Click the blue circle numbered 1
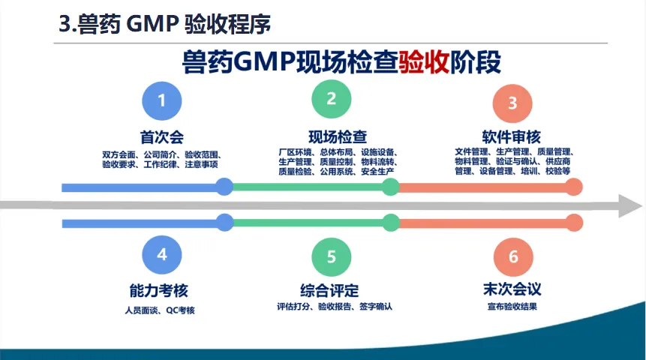161,100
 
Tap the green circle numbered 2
331,98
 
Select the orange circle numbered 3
513,103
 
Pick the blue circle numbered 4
161,254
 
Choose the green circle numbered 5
331,256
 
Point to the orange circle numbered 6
513,256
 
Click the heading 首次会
161,137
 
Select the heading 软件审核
512,137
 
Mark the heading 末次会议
512,289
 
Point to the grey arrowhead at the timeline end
630,205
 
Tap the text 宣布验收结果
512,307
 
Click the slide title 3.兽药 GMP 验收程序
164,25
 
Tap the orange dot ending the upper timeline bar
574,187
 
